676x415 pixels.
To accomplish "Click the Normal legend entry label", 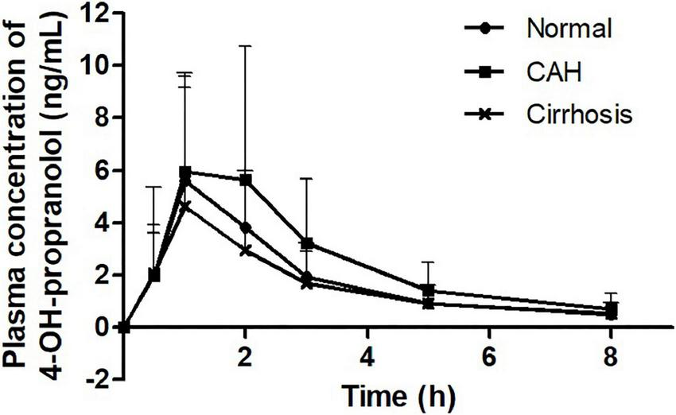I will point(569,30).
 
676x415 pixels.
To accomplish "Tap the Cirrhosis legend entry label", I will point(578,114).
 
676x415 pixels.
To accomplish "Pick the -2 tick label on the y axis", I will point(99,379).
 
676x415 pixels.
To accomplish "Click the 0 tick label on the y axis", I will point(103,327).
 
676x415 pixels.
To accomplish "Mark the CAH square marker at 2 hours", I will point(246,180).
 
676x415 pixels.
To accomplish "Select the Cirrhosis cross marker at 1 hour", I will point(185,206).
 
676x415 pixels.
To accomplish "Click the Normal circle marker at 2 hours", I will point(246,227).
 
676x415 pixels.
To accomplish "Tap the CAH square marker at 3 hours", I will point(307,243).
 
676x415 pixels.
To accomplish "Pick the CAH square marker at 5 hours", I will point(429,290).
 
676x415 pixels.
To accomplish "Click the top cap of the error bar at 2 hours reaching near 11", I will point(246,46).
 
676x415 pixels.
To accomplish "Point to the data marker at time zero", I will point(124,327).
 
